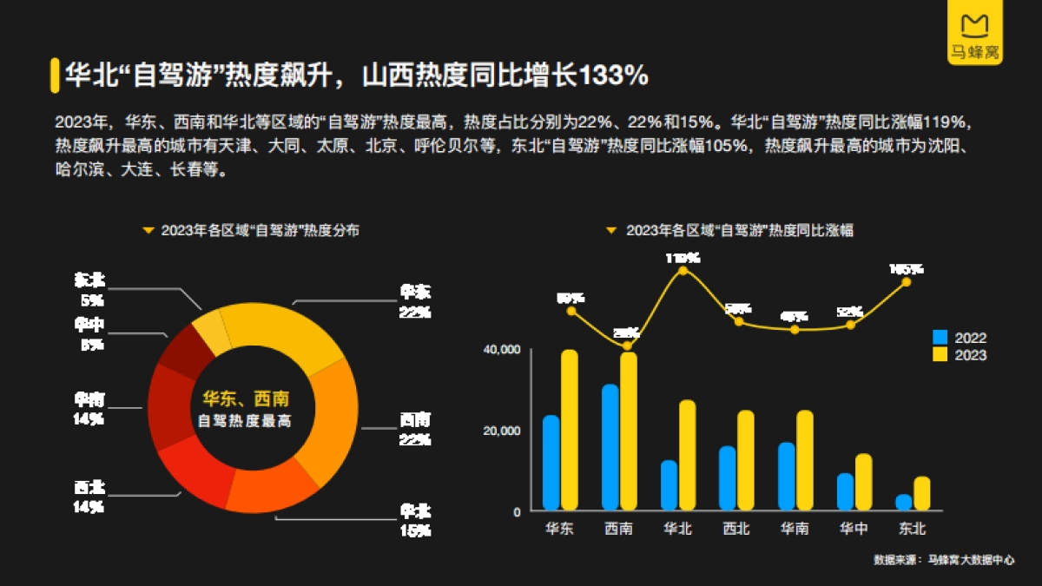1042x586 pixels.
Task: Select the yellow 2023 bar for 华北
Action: click(x=687, y=455)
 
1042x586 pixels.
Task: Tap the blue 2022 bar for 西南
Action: click(x=610, y=447)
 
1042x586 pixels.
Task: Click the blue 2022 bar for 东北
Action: click(x=904, y=503)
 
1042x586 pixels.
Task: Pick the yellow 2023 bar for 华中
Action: click(x=863, y=482)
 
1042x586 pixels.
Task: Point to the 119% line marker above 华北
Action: click(x=683, y=271)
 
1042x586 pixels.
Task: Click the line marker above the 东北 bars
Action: click(x=907, y=281)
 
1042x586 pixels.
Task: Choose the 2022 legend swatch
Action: click(x=940, y=338)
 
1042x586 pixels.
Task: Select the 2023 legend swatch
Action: click(x=940, y=354)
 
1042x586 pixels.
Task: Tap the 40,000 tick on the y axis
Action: click(x=503, y=349)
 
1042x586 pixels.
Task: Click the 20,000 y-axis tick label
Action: click(x=503, y=431)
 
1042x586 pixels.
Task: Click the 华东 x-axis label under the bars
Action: click(x=559, y=529)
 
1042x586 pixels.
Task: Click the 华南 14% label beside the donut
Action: click(x=89, y=408)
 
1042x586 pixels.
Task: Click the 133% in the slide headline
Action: click(x=614, y=76)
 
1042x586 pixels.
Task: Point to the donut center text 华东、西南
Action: click(x=245, y=399)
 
